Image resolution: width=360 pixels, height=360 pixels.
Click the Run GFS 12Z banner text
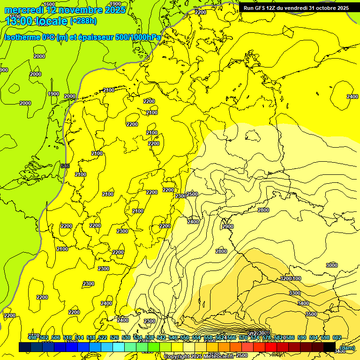(x=296, y=8)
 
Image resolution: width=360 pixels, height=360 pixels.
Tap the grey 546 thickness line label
(x=65, y=166)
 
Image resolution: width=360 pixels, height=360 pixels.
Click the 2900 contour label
(x=228, y=226)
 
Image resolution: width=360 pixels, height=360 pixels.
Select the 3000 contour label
(x=331, y=265)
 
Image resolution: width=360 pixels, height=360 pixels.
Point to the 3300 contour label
(x=295, y=292)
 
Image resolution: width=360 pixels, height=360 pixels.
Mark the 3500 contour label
(x=311, y=314)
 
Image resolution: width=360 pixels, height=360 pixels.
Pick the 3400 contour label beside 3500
(x=303, y=303)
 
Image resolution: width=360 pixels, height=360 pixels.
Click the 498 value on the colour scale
(x=32, y=337)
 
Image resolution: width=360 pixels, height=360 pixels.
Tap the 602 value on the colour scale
(x=337, y=337)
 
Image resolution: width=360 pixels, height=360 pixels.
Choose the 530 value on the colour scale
(x=126, y=337)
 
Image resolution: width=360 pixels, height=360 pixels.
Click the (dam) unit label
(x=347, y=347)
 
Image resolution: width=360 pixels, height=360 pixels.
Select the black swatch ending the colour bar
(x=329, y=347)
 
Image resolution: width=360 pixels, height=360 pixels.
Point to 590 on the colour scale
(x=302, y=337)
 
